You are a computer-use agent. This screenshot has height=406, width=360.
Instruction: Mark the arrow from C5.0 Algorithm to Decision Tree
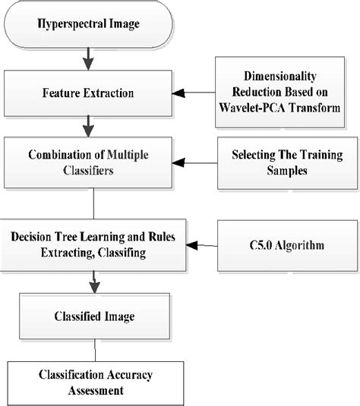pyautogui.click(x=201, y=245)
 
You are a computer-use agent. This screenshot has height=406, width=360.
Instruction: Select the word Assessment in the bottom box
pyautogui.click(x=96, y=392)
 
